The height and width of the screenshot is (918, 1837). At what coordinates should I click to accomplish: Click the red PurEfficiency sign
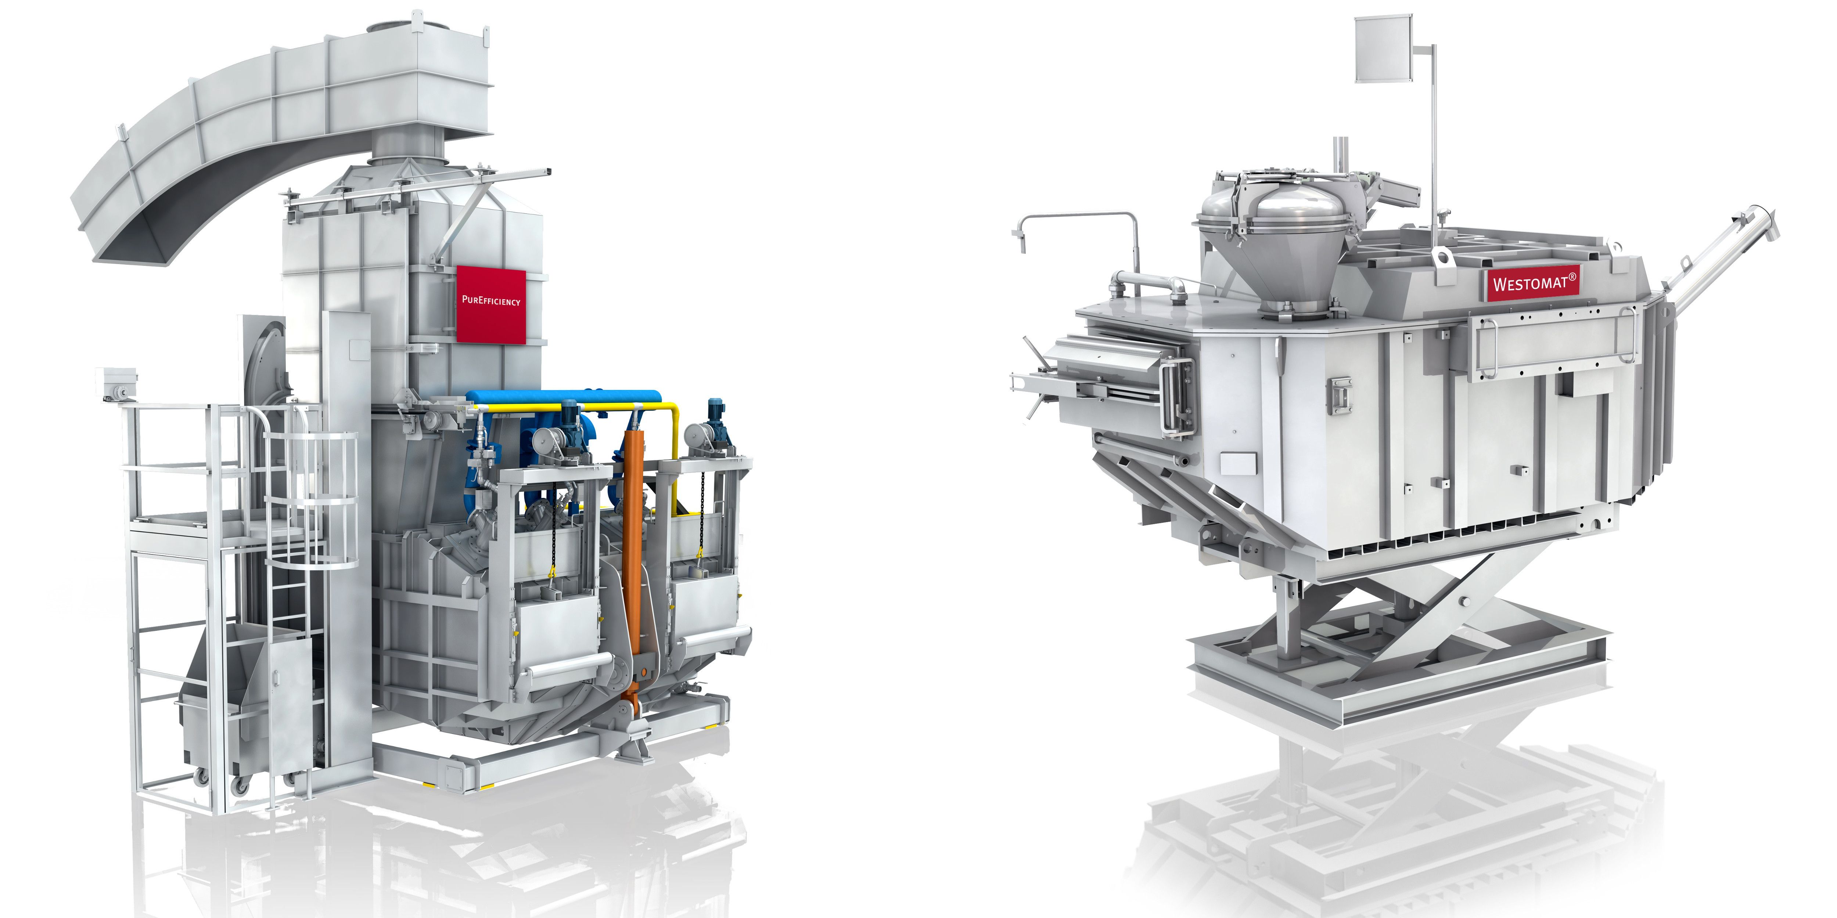pyautogui.click(x=491, y=304)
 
